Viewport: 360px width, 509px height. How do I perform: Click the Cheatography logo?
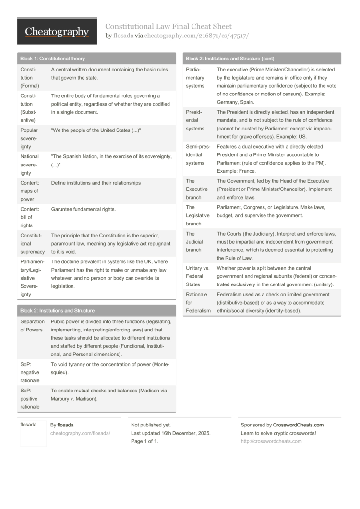click(x=57, y=32)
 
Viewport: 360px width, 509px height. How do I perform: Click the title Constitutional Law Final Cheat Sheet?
click(x=168, y=26)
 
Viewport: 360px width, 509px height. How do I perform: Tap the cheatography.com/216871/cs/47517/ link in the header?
click(x=196, y=36)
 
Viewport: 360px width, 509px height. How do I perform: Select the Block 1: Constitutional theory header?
click(x=53, y=59)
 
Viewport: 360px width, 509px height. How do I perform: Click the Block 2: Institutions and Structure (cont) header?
click(x=230, y=59)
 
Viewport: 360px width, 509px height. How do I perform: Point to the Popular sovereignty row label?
click(x=30, y=138)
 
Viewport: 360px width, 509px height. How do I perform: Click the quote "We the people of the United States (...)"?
click(x=96, y=130)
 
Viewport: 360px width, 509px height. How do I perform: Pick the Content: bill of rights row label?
click(x=27, y=217)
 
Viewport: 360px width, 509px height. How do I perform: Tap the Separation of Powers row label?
click(x=32, y=326)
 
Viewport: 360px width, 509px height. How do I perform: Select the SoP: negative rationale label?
click(x=30, y=372)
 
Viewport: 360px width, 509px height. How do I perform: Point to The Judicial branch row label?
click(x=194, y=242)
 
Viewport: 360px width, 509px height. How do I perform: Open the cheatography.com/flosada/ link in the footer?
click(x=80, y=433)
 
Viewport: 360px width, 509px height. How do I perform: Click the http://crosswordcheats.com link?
click(x=271, y=441)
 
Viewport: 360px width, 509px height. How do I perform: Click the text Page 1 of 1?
click(x=144, y=441)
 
